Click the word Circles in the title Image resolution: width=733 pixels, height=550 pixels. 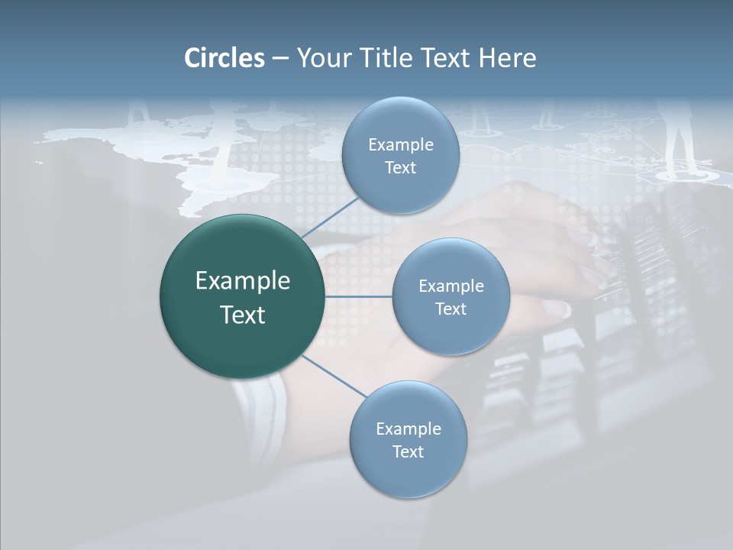coord(224,58)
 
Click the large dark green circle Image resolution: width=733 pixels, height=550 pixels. coord(243,296)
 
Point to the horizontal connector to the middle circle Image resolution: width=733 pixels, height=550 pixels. coord(359,296)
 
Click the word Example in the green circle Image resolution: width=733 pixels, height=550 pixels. coord(243,281)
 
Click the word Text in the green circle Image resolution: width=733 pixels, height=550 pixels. coord(243,315)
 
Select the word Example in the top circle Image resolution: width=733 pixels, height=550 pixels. coord(401,144)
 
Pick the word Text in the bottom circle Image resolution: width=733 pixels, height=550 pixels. coord(408,451)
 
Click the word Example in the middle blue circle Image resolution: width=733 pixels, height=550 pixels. coord(451,286)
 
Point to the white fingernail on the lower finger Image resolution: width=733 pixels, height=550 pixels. coord(555,308)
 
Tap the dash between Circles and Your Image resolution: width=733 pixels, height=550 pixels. coord(280,58)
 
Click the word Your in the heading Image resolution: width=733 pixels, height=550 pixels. coord(321,58)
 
